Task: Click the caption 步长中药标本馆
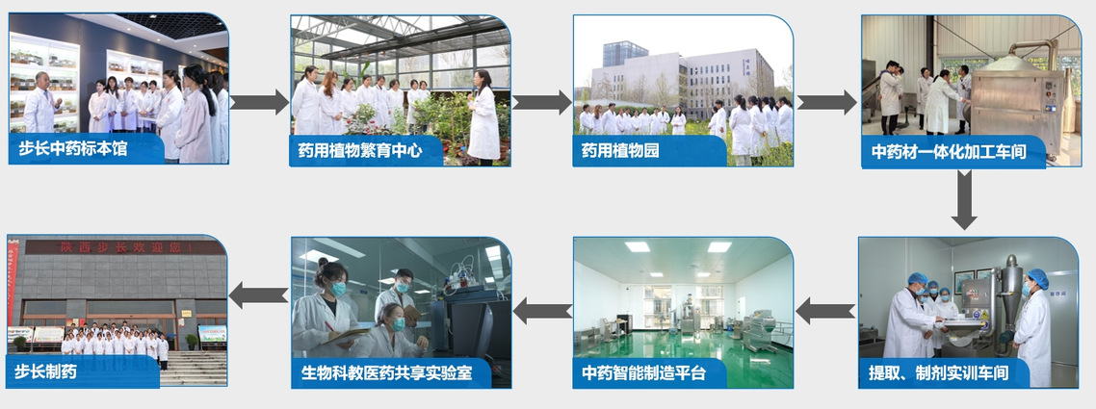[72, 149]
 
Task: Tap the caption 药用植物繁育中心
[360, 151]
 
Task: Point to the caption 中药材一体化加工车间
[949, 151]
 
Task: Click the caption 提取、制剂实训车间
[938, 372]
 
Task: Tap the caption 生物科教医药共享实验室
[386, 372]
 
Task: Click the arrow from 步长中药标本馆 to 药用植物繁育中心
[259, 102]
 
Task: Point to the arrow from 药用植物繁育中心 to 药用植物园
[541, 102]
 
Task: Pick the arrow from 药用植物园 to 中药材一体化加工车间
[827, 102]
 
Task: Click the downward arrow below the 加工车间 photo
[964, 199]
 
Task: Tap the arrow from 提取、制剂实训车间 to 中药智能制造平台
[825, 310]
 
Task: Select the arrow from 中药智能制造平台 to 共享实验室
[542, 310]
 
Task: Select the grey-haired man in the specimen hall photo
[40, 103]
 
